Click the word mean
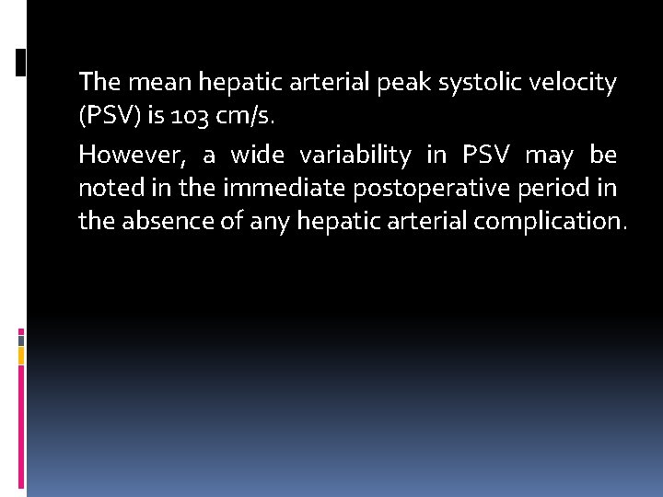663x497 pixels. coord(156,83)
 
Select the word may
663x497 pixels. coord(549,153)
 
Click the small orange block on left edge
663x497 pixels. coord(20,354)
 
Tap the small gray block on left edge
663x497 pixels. coord(20,339)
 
